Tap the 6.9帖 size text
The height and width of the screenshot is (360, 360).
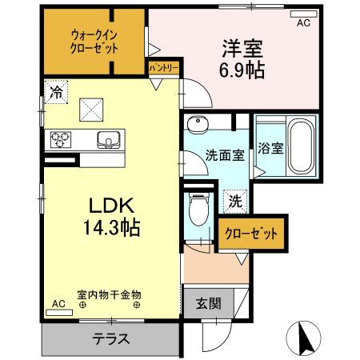tap(242, 70)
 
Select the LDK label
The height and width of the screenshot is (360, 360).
tap(109, 205)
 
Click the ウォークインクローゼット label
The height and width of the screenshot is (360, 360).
tap(94, 41)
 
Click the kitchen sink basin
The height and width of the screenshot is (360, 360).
tap(109, 139)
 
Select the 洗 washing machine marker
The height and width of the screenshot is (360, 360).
tap(235, 199)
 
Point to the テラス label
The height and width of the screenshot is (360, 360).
tap(111, 338)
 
